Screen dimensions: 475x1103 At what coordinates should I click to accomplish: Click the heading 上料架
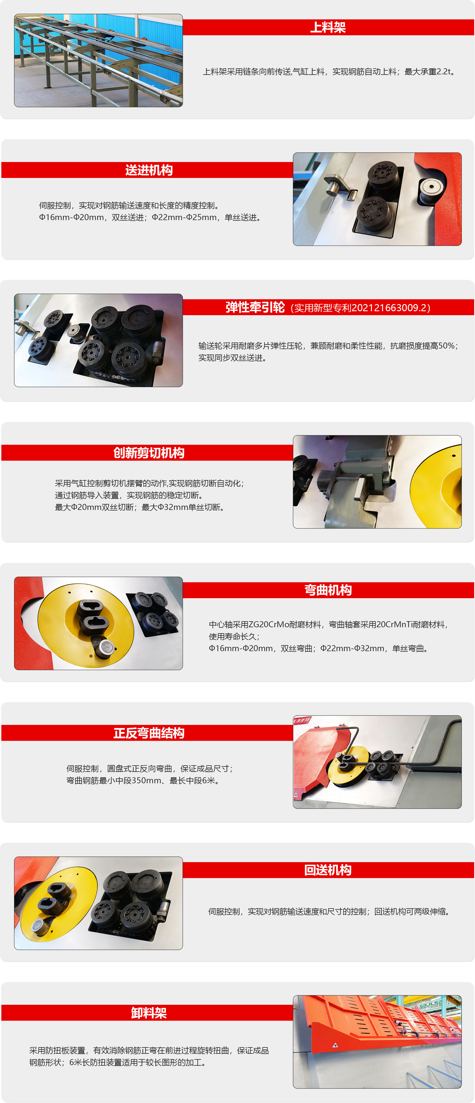click(328, 27)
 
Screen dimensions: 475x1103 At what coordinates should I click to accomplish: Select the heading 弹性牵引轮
click(255, 307)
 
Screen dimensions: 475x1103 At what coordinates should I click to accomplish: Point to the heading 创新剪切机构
click(149, 453)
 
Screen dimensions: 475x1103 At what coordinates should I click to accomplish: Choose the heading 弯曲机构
click(328, 590)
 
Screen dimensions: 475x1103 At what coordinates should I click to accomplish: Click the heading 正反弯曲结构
click(149, 733)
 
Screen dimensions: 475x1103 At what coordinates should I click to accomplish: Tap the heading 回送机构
click(328, 870)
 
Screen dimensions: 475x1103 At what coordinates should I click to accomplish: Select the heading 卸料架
click(149, 1013)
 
